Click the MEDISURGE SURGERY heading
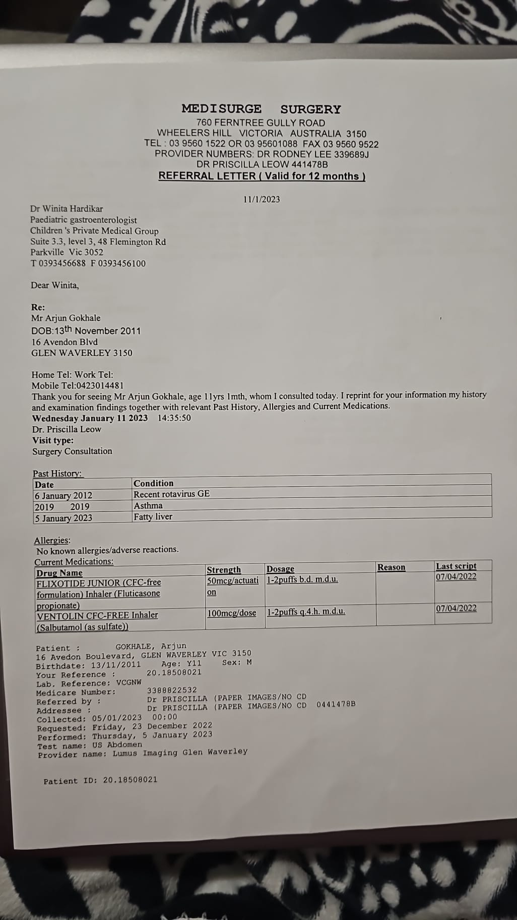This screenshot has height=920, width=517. [261, 109]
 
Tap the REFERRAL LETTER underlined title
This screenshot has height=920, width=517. [262, 176]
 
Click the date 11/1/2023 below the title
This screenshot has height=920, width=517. [262, 199]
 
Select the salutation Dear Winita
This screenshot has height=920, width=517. [55, 285]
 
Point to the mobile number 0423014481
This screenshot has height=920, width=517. [99, 385]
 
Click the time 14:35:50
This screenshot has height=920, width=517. [174, 418]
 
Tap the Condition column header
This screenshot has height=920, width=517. [153, 483]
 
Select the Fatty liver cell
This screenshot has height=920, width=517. [153, 516]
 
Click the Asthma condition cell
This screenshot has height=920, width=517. [148, 505]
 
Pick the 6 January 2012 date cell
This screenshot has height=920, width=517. [63, 495]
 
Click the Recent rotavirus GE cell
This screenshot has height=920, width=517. [171, 494]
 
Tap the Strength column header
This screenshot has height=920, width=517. [224, 570]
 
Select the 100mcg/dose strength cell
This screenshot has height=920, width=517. [231, 613]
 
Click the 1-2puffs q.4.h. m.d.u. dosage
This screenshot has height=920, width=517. [306, 612]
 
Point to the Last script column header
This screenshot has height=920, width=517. [456, 566]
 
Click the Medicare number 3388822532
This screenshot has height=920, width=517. [172, 690]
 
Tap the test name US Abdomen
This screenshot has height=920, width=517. [117, 744]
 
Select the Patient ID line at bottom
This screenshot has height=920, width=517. [100, 780]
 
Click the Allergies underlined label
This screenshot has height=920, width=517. [52, 540]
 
